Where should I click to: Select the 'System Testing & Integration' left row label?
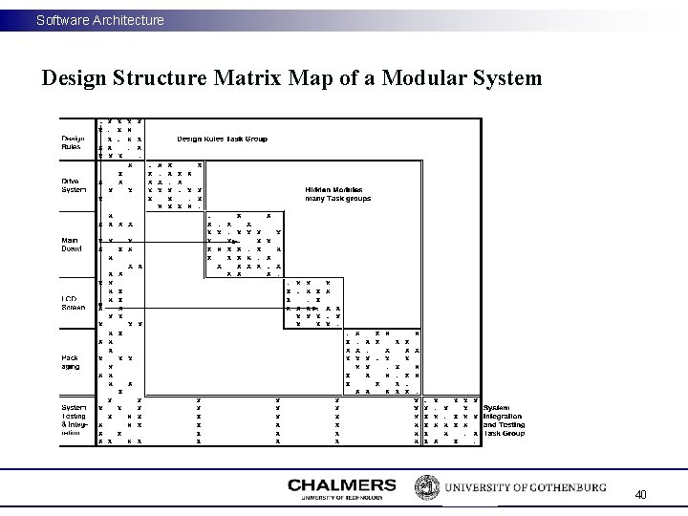pyautogui.click(x=75, y=419)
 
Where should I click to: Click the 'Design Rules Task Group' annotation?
pyautogui.click(x=222, y=139)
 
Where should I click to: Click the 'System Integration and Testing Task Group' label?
pyautogui.click(x=504, y=419)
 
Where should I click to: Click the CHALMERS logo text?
pyautogui.click(x=341, y=484)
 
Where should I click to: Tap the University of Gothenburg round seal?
pyautogui.click(x=425, y=486)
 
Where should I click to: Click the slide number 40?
pyautogui.click(x=640, y=495)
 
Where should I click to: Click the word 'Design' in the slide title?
pyautogui.click(x=75, y=77)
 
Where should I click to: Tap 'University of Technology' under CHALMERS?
pyautogui.click(x=341, y=497)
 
